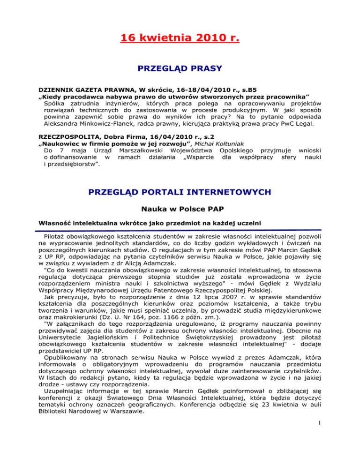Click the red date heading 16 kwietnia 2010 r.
[x=180, y=36]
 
